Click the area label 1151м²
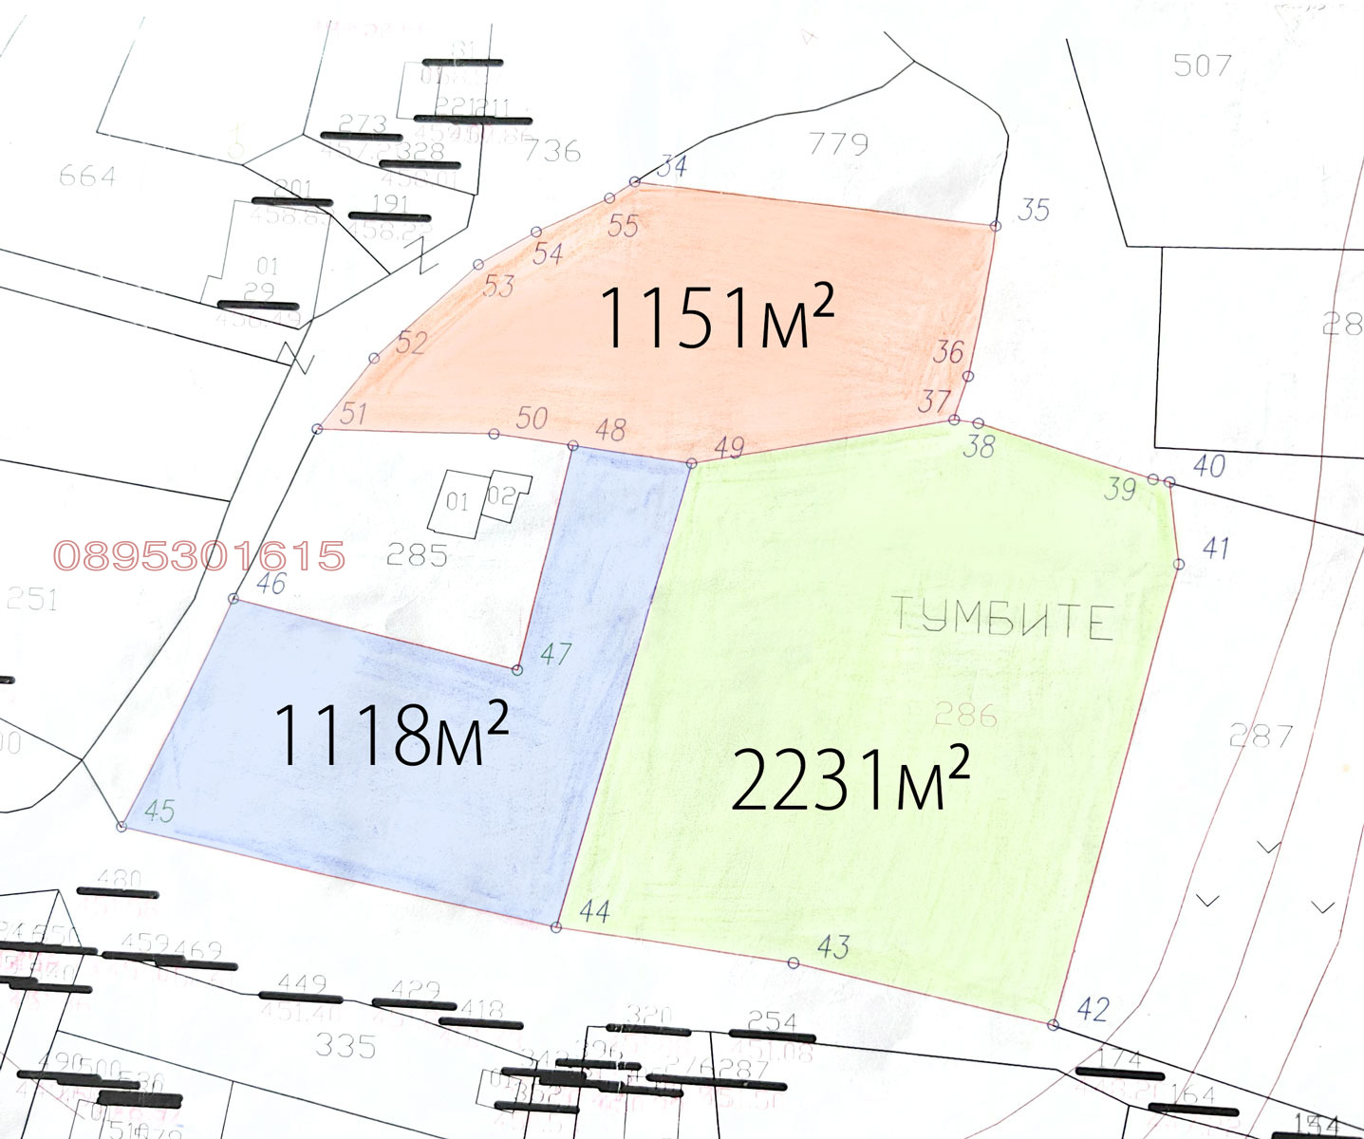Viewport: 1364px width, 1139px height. point(717,317)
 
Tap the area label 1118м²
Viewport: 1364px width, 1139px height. point(390,735)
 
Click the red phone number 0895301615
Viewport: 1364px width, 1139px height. point(199,556)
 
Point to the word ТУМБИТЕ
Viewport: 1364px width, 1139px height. point(1002,619)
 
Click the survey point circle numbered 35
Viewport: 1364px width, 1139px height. point(996,226)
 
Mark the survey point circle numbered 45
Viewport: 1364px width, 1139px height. point(121,827)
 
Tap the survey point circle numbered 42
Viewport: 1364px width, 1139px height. point(1053,1025)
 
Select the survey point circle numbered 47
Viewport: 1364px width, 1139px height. point(517,670)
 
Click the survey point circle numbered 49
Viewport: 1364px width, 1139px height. point(691,463)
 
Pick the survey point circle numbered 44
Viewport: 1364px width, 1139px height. point(556,927)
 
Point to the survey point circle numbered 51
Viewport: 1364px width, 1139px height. point(318,429)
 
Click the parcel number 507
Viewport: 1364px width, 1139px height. point(1202,65)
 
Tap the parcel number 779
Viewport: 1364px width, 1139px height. point(838,143)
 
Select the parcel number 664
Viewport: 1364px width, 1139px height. point(87,176)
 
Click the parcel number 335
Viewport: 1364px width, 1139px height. point(346,1046)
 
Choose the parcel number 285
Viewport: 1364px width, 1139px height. point(417,554)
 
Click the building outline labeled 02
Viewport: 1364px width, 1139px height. point(504,496)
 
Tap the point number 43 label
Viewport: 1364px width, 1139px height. point(832,946)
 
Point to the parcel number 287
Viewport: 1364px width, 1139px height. point(1261,736)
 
